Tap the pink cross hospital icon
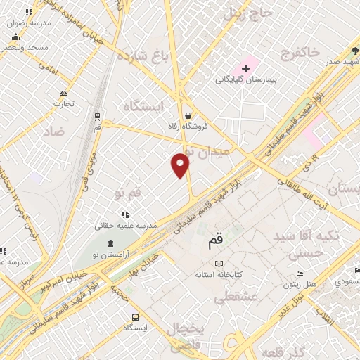[245, 68]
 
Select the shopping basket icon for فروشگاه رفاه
[188, 115]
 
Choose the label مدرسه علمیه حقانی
[126, 226]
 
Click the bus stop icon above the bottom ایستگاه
[135, 316]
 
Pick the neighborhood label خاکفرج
[300, 52]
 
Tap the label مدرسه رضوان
[29, 22]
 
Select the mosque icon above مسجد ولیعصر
[15, 37]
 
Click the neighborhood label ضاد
[53, 131]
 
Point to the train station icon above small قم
[97, 117]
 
